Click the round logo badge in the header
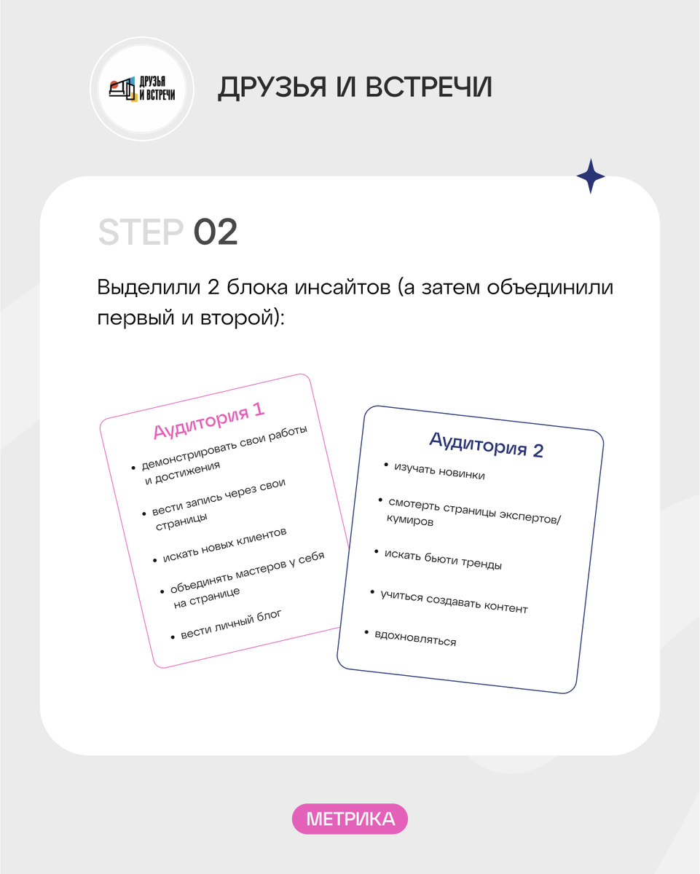(142, 89)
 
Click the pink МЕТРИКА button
(350, 819)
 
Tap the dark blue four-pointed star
(591, 176)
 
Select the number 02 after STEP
(216, 232)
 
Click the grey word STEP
(141, 232)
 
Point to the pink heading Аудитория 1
(209, 421)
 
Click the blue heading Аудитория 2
(487, 445)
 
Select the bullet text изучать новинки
(439, 471)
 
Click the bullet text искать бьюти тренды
(443, 559)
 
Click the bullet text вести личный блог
(231, 625)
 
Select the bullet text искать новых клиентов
(224, 545)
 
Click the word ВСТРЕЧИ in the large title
(428, 87)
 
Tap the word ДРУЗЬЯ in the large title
(272, 87)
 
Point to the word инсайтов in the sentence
(342, 287)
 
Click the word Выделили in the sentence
(149, 288)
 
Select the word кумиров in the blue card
(410, 520)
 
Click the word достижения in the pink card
(187, 473)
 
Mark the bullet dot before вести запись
(143, 514)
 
